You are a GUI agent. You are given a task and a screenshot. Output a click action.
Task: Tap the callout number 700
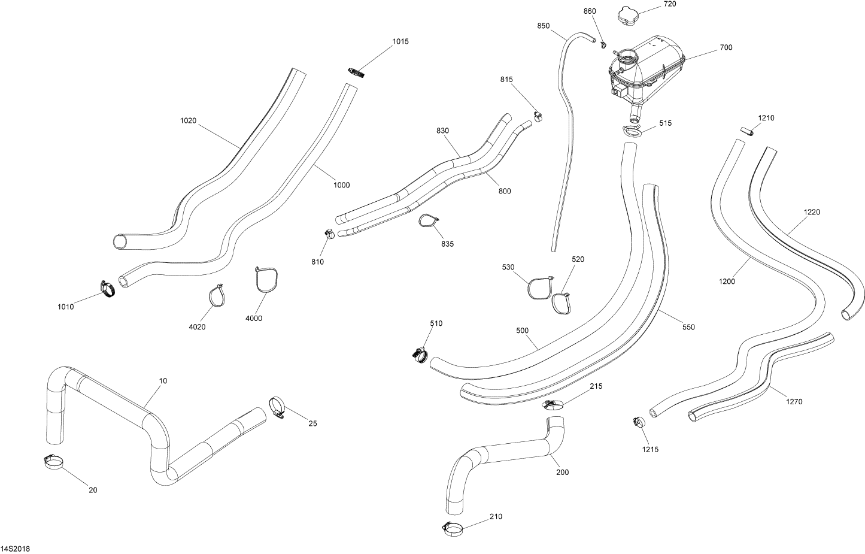726,47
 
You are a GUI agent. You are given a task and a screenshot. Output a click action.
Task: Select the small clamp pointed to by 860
603,44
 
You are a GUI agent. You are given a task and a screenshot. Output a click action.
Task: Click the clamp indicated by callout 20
54,461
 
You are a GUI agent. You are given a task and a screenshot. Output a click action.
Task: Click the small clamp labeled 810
329,234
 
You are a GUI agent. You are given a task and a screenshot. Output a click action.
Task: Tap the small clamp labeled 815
538,115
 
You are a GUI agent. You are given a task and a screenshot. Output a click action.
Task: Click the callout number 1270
794,402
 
